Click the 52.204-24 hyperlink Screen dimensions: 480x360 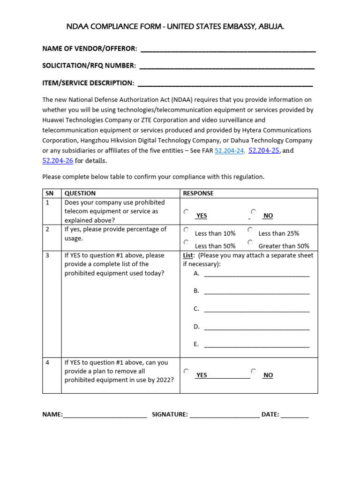tap(229, 151)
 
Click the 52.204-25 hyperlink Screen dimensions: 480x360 tap(263, 150)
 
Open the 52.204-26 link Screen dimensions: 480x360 tap(58, 161)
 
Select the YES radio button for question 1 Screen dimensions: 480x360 tap(187, 212)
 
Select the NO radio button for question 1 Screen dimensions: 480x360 tap(253, 212)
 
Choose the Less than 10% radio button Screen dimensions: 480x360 tap(187, 230)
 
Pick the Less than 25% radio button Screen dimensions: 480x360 tap(250, 230)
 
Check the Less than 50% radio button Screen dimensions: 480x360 tap(187, 242)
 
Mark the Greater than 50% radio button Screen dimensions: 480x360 tap(250, 242)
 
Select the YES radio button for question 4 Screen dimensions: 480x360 tap(187, 371)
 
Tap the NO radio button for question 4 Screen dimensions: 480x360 tap(253, 371)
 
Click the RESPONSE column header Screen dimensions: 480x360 tap(198, 193)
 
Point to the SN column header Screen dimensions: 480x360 tap(49, 193)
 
